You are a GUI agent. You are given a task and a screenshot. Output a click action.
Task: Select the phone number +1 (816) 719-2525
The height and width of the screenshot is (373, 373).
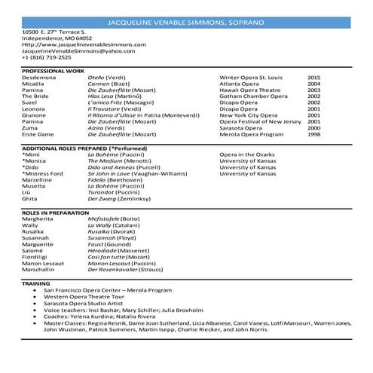[47, 57]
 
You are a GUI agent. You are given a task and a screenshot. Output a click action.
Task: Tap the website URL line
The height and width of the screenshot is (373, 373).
[73, 44]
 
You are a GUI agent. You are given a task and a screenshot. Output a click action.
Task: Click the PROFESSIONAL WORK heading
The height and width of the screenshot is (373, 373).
[54, 71]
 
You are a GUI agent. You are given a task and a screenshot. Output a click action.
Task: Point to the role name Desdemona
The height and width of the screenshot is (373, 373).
[39, 78]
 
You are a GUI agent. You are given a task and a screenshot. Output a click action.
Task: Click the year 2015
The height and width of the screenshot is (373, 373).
[314, 78]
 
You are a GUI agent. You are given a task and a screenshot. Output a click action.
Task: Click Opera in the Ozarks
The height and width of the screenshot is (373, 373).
[249, 155]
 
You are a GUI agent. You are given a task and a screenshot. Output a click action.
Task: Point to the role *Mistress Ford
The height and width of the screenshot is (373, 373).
[43, 175]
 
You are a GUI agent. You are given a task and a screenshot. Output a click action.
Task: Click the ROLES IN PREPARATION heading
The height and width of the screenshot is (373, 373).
[56, 213]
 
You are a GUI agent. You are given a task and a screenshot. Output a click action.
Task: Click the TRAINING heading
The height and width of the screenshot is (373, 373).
[36, 283]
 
